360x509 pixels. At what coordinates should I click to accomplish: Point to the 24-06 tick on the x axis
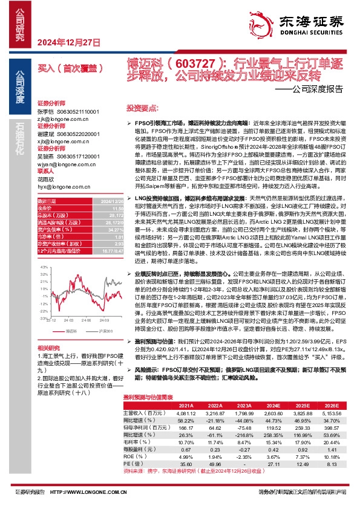[86, 320]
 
